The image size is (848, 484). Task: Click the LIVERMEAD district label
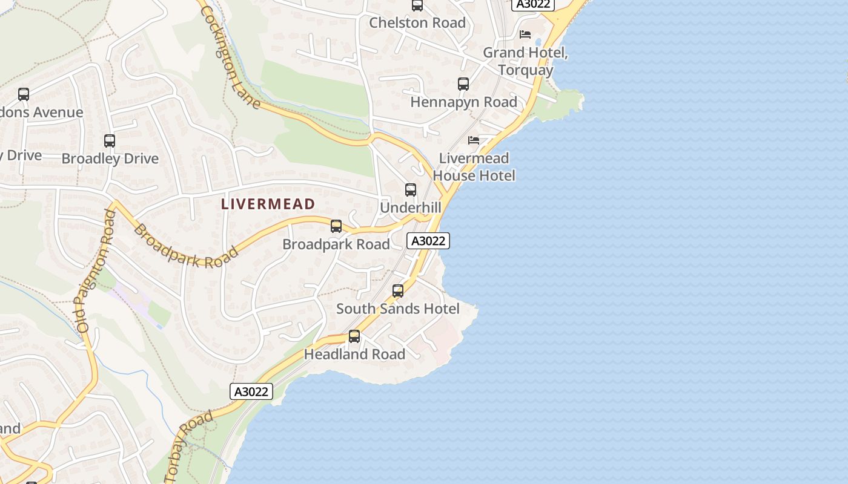[268, 204]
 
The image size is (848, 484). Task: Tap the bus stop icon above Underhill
[411, 190]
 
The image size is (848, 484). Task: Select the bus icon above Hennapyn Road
[463, 84]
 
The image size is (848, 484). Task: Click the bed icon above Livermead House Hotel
[474, 140]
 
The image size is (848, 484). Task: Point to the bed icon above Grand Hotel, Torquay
[525, 34]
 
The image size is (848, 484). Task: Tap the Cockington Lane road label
[230, 57]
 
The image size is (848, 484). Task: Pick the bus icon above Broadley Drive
[110, 141]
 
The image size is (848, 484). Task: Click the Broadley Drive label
[110, 159]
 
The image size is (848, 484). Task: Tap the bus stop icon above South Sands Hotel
[398, 291]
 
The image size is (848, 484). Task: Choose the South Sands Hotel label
[398, 309]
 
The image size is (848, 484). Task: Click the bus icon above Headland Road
[354, 336]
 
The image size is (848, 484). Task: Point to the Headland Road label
[354, 355]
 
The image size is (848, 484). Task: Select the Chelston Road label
[417, 23]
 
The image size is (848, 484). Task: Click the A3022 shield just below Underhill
[428, 241]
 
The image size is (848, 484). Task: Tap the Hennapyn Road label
[464, 102]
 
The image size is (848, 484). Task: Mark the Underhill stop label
[411, 208]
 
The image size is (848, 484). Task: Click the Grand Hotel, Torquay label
[526, 61]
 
